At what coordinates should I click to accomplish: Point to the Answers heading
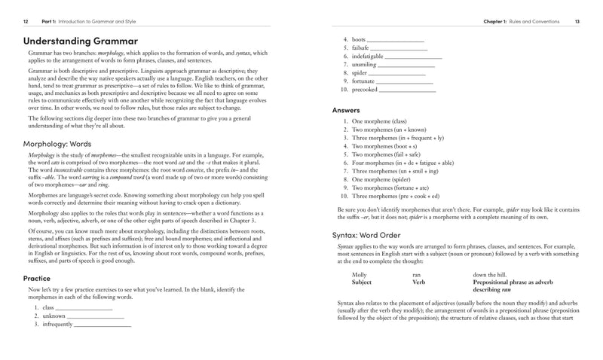(x=346, y=110)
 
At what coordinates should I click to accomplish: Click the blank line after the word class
(x=84, y=309)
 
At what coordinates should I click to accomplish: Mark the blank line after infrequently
(x=103, y=325)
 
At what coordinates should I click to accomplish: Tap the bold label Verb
(x=420, y=283)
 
